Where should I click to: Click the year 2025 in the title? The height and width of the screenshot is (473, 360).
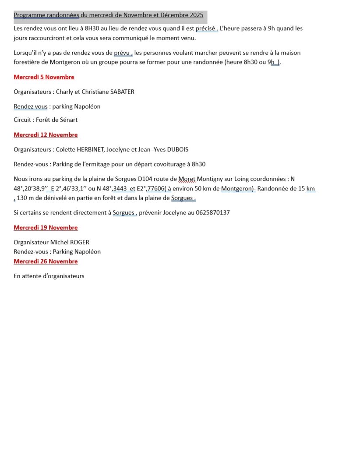point(197,15)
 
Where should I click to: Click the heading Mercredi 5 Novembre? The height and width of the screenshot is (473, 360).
point(44,77)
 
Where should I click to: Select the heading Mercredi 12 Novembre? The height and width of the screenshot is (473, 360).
point(46,135)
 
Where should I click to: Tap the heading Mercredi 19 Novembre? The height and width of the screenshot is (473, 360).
point(46,228)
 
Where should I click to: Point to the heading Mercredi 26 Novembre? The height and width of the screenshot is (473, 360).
point(46,261)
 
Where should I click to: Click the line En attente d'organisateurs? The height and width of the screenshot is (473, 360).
point(49,276)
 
